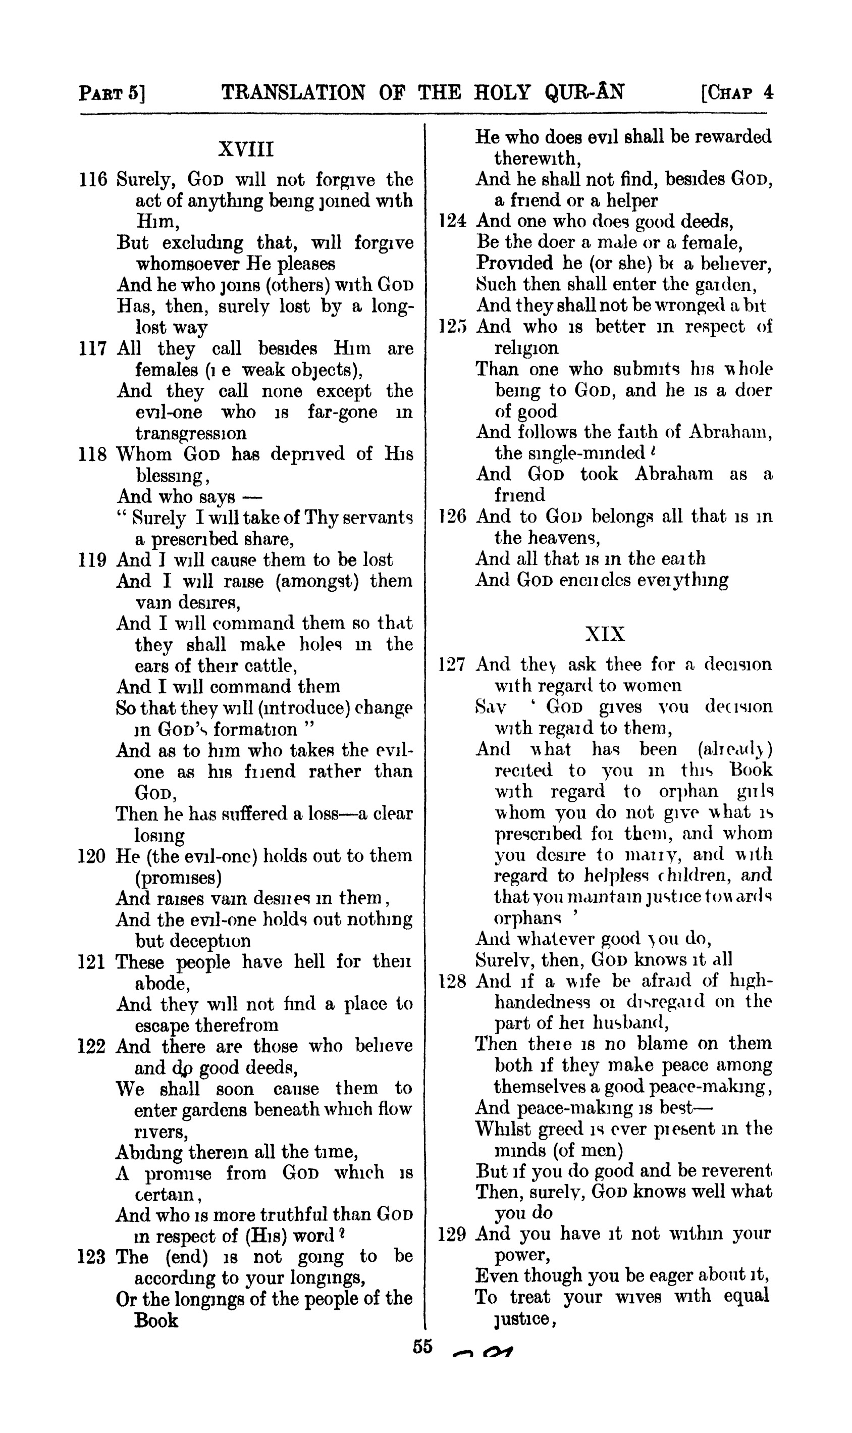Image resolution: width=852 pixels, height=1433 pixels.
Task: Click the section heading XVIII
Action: [246, 150]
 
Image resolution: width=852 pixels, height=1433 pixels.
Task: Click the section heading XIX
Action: [605, 634]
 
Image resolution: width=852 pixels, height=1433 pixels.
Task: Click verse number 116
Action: [93, 180]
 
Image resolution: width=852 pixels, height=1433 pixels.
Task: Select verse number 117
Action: [93, 348]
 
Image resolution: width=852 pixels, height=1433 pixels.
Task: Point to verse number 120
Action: [92, 856]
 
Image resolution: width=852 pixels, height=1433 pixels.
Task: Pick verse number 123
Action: [92, 1257]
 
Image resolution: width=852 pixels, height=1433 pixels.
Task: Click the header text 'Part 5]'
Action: [112, 93]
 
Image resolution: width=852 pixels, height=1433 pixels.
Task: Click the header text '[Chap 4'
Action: [737, 93]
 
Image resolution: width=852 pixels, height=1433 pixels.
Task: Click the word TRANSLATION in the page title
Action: [293, 92]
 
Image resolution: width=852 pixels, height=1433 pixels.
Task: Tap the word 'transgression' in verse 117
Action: [191, 434]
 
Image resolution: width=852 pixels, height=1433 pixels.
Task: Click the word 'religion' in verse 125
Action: [526, 348]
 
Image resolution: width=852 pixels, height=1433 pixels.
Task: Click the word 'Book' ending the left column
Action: [156, 1321]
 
